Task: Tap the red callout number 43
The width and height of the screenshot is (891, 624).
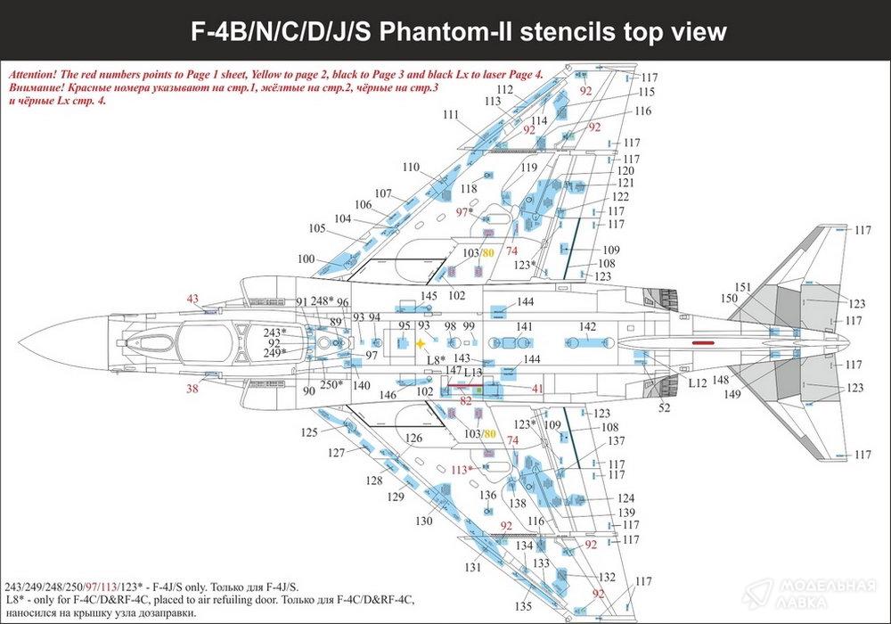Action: (x=193, y=299)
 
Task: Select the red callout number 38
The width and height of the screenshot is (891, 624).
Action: (x=193, y=389)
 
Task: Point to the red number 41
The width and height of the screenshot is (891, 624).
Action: (x=537, y=389)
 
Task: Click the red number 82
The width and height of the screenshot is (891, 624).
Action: (x=466, y=401)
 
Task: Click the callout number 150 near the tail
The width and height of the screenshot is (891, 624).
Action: (x=729, y=298)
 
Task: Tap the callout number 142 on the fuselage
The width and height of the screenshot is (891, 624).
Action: (x=588, y=327)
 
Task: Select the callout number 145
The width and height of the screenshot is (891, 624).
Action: (x=429, y=296)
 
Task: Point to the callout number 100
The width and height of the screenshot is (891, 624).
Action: (x=307, y=259)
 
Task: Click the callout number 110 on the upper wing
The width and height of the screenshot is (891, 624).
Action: (x=411, y=168)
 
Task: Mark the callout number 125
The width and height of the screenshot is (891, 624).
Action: (x=308, y=432)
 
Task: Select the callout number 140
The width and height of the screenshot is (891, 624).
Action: (x=361, y=386)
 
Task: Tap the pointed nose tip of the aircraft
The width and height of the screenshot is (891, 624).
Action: (x=20, y=342)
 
